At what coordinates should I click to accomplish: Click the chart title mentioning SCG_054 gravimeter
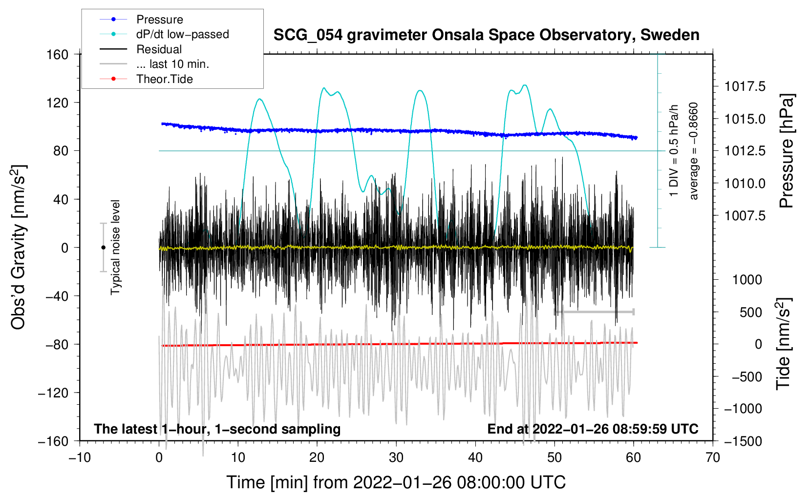point(486,35)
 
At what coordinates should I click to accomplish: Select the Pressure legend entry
point(159,20)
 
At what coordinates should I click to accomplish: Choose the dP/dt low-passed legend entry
point(182,34)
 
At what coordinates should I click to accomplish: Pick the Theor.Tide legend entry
point(164,79)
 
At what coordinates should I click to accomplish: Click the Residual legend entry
point(159,49)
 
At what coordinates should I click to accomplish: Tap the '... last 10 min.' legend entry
point(172,64)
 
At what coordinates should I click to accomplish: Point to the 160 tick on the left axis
point(58,54)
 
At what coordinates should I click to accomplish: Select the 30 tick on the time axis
point(396,458)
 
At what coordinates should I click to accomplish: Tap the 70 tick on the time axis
point(713,458)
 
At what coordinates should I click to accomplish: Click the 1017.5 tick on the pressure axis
point(745,87)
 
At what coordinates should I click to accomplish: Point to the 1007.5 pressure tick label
point(745,216)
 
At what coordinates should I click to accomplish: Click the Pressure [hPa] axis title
point(787,151)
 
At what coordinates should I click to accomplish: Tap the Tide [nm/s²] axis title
point(783,344)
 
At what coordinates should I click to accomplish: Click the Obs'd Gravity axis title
point(18,247)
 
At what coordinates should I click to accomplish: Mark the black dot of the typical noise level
point(103,248)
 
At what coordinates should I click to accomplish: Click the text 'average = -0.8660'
point(694,151)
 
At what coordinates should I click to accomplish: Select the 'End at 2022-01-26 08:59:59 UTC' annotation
point(593,429)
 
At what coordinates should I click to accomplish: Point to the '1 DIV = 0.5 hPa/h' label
point(674,151)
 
